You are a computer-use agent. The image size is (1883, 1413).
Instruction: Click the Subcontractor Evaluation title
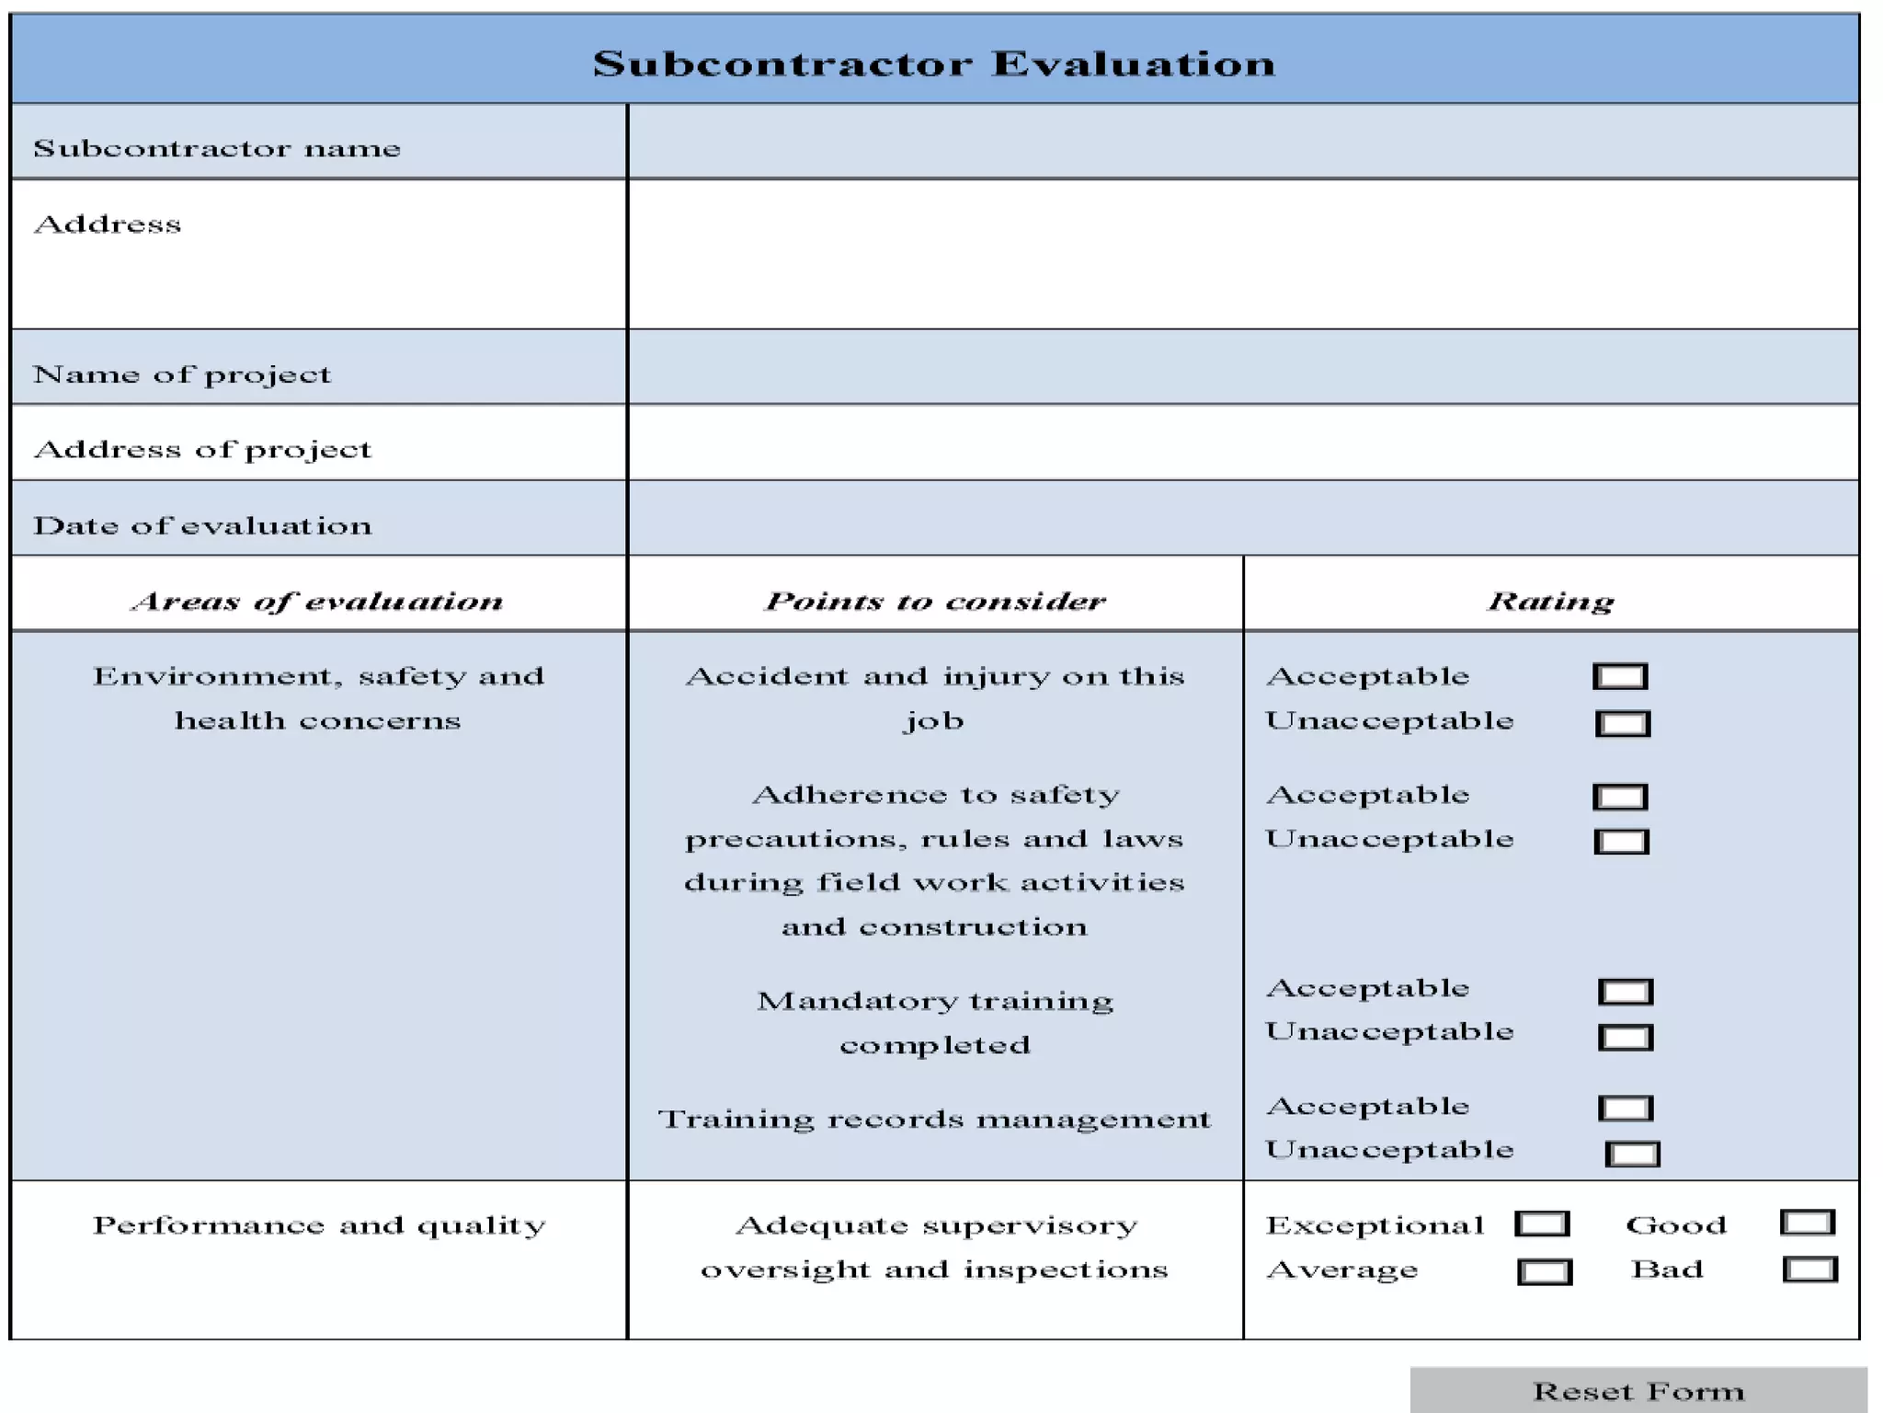click(934, 63)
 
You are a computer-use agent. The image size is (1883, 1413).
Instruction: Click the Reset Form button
click(1638, 1390)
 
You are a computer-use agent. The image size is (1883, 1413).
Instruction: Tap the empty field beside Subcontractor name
click(1243, 142)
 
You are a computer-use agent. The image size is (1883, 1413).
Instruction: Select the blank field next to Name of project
click(1243, 367)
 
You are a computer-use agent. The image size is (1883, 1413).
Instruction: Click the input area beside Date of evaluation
click(1243, 518)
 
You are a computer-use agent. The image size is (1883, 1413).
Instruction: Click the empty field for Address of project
click(1243, 442)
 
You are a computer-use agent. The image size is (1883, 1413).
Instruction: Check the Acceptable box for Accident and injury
click(1620, 677)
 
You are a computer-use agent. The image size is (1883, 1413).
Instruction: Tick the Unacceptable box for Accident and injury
click(1623, 724)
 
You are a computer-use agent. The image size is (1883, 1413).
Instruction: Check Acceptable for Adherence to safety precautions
click(1620, 797)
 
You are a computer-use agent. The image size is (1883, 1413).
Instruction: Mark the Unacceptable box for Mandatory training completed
click(1626, 1038)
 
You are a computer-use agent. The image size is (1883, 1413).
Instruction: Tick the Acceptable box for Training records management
click(1626, 1109)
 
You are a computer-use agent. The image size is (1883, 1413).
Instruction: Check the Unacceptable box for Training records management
click(1632, 1154)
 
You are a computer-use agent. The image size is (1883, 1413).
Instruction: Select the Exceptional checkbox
click(1542, 1224)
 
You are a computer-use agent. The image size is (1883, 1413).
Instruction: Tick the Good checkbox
click(1808, 1223)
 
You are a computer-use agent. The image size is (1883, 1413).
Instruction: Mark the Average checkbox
click(1545, 1272)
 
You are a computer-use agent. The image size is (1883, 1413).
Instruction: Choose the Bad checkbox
click(1809, 1269)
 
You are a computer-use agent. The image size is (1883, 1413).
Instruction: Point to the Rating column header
click(1551, 601)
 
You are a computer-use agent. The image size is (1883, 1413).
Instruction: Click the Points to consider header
click(935, 601)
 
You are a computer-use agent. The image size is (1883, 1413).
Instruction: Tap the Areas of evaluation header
click(318, 601)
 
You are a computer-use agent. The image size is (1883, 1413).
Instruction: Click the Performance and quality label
click(319, 1225)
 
